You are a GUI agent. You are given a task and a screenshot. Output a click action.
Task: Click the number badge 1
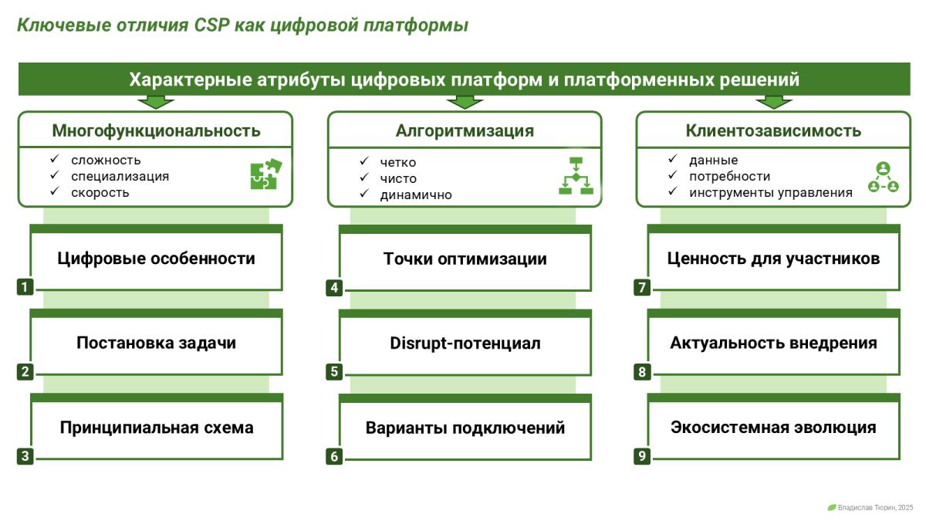(x=25, y=287)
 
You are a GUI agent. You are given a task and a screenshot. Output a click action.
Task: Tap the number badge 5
(x=334, y=372)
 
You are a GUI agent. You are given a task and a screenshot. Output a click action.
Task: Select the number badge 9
(x=642, y=456)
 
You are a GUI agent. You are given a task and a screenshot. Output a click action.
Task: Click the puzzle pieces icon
(x=265, y=174)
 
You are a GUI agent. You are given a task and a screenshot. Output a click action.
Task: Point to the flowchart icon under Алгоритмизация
(x=576, y=175)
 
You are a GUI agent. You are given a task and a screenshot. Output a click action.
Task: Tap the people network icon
(x=884, y=178)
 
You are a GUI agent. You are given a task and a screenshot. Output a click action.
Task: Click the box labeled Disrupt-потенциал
(x=465, y=343)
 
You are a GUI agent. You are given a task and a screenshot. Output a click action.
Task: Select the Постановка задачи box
(x=156, y=343)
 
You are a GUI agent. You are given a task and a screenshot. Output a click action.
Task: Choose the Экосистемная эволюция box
(x=773, y=427)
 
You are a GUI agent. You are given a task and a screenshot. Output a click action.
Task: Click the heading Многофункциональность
(x=156, y=130)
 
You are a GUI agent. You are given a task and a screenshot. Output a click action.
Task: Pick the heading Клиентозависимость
(x=773, y=130)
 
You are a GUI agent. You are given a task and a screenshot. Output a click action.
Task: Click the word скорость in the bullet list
(x=100, y=193)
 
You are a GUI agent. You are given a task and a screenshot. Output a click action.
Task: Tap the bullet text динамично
(x=416, y=195)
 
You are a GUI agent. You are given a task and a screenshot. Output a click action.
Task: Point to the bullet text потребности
(x=730, y=177)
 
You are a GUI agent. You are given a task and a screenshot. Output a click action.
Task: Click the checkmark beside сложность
(x=55, y=159)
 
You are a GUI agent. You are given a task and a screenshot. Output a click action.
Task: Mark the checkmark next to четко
(x=363, y=161)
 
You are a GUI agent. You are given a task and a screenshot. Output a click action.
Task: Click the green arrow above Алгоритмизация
(x=465, y=102)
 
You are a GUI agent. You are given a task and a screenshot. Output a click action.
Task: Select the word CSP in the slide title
(x=211, y=25)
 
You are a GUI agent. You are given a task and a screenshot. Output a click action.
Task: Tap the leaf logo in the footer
(x=832, y=507)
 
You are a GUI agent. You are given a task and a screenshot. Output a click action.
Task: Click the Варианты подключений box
(x=465, y=427)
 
